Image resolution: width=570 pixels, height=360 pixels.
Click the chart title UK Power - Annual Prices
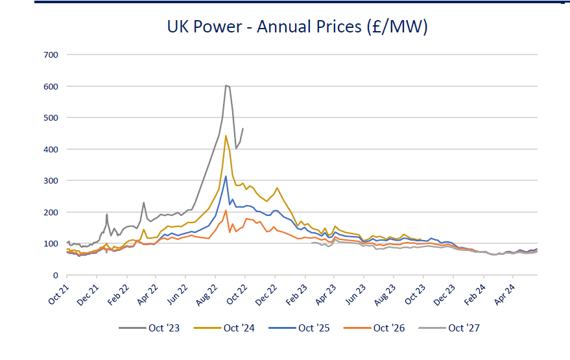coord(297,27)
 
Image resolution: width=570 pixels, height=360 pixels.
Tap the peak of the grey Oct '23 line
coord(226,85)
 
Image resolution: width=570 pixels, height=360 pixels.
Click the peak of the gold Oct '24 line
coord(226,136)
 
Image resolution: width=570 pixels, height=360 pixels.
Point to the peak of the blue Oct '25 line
coord(226,176)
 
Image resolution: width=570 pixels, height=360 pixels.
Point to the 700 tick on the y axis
coord(51,55)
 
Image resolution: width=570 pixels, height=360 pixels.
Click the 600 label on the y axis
coord(51,86)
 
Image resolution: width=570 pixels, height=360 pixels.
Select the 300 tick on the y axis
coord(51,181)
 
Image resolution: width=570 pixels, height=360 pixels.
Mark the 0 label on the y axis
coord(56,275)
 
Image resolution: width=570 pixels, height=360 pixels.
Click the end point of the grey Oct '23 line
coord(243,128)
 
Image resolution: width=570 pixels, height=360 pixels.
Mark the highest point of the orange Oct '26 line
coord(226,210)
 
